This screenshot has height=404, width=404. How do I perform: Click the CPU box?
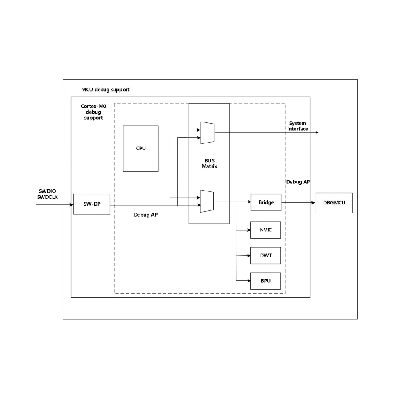coord(141,148)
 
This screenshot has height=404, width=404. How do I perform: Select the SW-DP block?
coord(92,204)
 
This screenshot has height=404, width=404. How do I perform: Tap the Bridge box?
coord(266,202)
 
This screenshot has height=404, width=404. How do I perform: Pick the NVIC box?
coord(266,230)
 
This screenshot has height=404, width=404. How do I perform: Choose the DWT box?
coord(266,255)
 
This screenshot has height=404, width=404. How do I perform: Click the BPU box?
coord(266,281)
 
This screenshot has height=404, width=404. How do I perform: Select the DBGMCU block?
coord(334,203)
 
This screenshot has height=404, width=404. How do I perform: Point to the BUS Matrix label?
coord(209,163)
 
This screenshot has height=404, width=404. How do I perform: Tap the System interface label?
coord(298,126)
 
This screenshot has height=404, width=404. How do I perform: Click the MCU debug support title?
coord(105,89)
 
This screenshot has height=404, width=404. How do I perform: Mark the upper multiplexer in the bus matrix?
coord(207,132)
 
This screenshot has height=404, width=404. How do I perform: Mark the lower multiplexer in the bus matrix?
coord(207,201)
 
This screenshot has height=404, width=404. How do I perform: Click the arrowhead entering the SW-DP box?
coord(71,204)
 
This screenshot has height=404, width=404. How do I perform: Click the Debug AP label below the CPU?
coord(145,215)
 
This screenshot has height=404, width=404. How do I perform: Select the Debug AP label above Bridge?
coord(298,182)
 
